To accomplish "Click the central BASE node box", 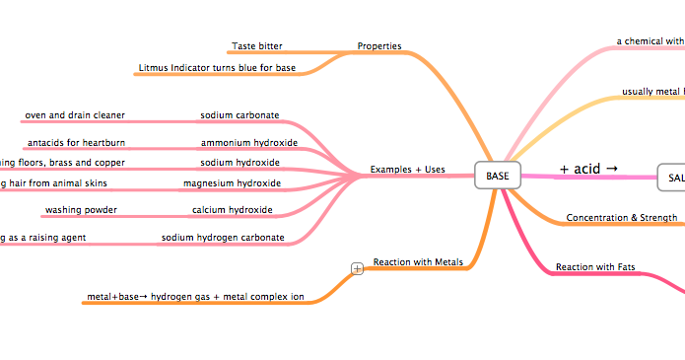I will click(498, 175).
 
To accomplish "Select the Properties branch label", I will click(379, 46).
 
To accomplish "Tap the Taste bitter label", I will click(257, 46).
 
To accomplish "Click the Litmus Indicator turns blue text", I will click(217, 68).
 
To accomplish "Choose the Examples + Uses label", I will click(407, 170).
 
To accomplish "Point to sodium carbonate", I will click(240, 115).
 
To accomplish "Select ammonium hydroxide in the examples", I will click(242, 143).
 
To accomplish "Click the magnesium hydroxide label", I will click(232, 183).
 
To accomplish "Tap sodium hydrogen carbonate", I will click(223, 238).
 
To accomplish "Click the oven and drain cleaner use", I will click(75, 115).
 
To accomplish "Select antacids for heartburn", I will click(76, 143).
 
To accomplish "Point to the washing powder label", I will click(81, 210).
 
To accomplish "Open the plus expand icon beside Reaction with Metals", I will click(358, 267).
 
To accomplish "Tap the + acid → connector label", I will click(588, 169).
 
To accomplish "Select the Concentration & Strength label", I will click(621, 217).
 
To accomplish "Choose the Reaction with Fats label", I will click(595, 266).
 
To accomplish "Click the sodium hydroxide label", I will click(240, 162).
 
